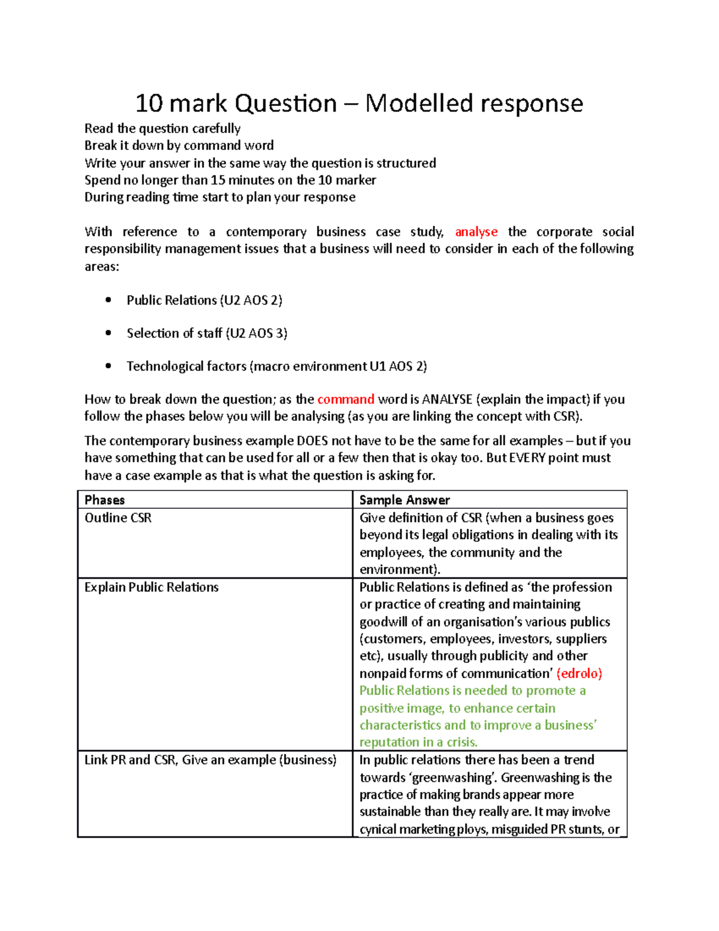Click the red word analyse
pos(476,232)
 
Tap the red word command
pos(346,399)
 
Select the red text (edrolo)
pos(579,673)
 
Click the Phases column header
pos(105,500)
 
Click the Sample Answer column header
pos(404,500)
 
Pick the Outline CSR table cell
pos(118,518)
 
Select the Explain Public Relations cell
pos(152,587)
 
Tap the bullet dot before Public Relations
pos(108,300)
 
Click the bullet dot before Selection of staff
pos(108,333)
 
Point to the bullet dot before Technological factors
pos(108,366)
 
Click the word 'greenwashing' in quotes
pos(458,778)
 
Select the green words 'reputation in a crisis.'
pos(418,742)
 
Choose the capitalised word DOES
pos(312,441)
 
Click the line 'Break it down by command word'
pos(179,146)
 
